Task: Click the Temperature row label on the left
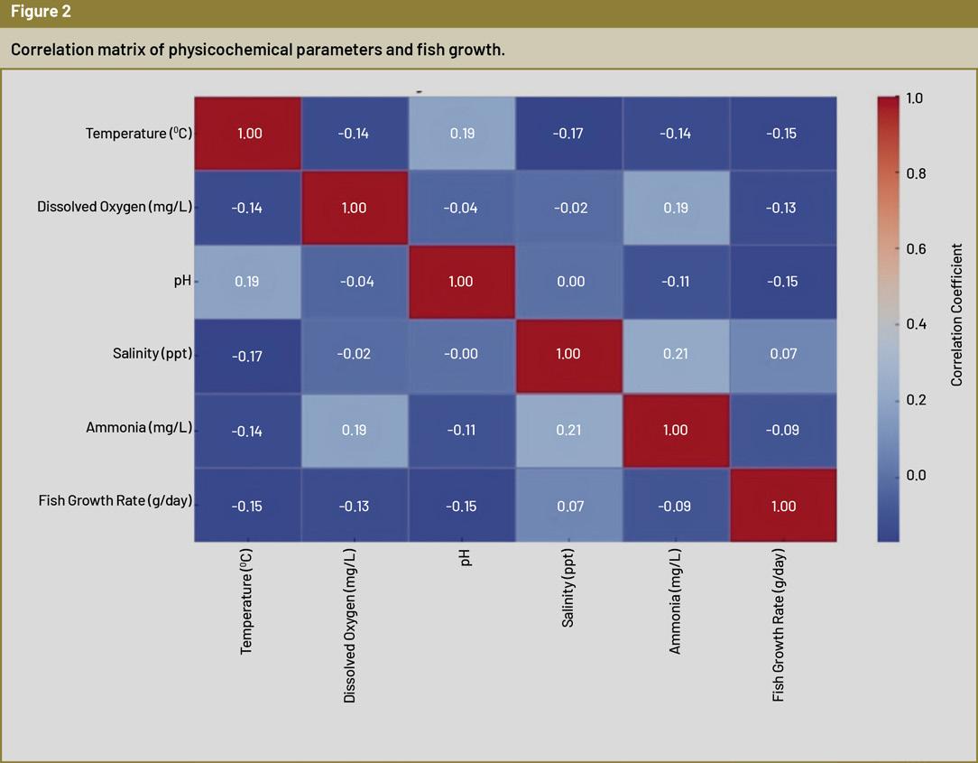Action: point(139,134)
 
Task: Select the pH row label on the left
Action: point(183,281)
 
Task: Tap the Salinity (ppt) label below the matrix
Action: point(568,588)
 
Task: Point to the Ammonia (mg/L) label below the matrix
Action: point(676,600)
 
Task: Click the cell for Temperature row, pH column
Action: point(462,134)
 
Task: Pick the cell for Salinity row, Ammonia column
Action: point(676,354)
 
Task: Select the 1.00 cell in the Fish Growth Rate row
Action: point(783,506)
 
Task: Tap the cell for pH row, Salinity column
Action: point(569,281)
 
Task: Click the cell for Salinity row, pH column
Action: point(462,354)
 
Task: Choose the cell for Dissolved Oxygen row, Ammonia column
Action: point(676,208)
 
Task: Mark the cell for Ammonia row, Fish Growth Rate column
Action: point(783,430)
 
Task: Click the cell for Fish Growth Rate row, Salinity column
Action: point(569,506)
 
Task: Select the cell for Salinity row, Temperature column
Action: point(247,356)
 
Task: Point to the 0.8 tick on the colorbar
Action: point(916,173)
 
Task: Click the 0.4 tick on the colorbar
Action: point(916,324)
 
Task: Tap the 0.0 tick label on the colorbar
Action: point(916,475)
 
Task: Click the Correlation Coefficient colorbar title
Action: point(957,314)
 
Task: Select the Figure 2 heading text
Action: point(41,13)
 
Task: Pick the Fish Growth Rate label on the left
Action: point(115,500)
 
